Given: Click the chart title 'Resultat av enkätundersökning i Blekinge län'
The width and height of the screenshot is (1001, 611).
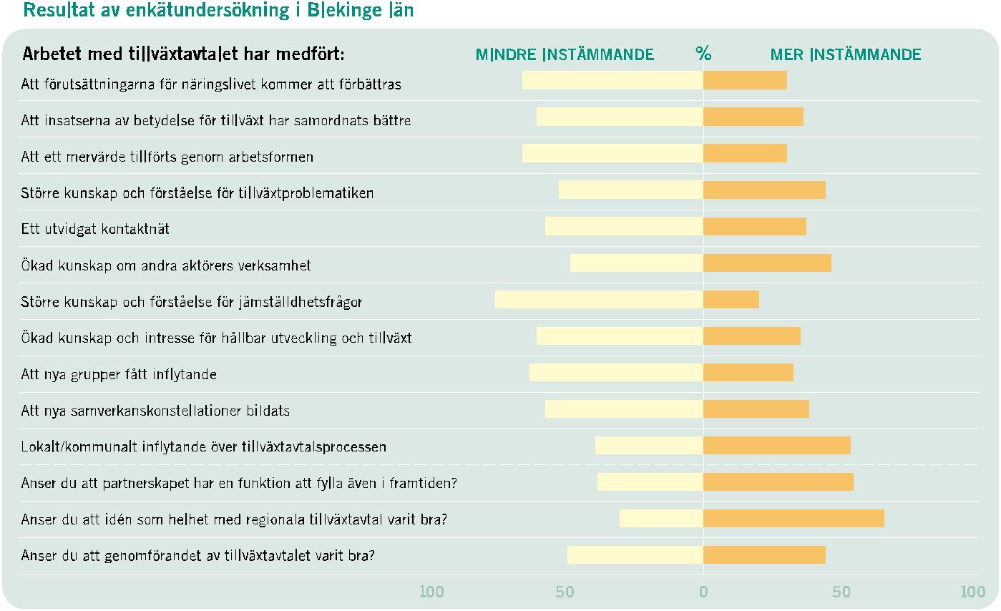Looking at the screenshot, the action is (x=218, y=10).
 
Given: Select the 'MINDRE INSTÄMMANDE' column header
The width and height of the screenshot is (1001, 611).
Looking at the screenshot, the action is (x=565, y=54).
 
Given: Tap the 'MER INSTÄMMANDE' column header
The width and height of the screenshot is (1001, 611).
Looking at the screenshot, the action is (x=846, y=54).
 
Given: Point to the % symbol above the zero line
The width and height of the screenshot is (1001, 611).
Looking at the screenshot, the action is (x=703, y=53).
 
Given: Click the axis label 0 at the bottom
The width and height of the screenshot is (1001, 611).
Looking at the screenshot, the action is (x=703, y=592).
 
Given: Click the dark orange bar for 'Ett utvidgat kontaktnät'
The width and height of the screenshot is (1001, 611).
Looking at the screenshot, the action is (x=755, y=227).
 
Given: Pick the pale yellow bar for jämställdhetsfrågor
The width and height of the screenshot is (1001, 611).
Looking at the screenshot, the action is (x=600, y=300).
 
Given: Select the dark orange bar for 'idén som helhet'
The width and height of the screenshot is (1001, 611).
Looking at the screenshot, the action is (x=794, y=519).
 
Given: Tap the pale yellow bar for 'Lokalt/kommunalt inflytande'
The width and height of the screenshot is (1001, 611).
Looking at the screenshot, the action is (x=649, y=446).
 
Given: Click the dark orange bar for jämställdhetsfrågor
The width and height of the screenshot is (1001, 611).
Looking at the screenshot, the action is (x=731, y=300).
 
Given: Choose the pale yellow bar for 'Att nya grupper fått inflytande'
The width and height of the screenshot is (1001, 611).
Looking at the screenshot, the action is (x=616, y=372).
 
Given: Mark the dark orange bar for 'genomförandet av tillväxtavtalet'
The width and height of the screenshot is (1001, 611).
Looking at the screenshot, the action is (x=765, y=554).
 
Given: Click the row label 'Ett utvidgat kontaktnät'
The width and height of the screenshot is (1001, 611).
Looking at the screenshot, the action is (x=95, y=229).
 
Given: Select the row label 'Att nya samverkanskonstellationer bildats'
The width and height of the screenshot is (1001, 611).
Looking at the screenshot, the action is (x=155, y=410).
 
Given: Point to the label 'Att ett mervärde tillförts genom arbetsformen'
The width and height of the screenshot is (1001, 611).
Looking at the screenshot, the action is (x=167, y=157).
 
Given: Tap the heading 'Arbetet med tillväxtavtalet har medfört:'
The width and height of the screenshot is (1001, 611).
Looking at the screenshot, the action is (x=183, y=54).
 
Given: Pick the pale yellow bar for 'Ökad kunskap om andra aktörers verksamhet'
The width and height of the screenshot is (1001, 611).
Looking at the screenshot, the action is (x=637, y=263).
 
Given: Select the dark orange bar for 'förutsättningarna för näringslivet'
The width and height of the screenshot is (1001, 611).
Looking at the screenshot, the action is (x=745, y=80).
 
